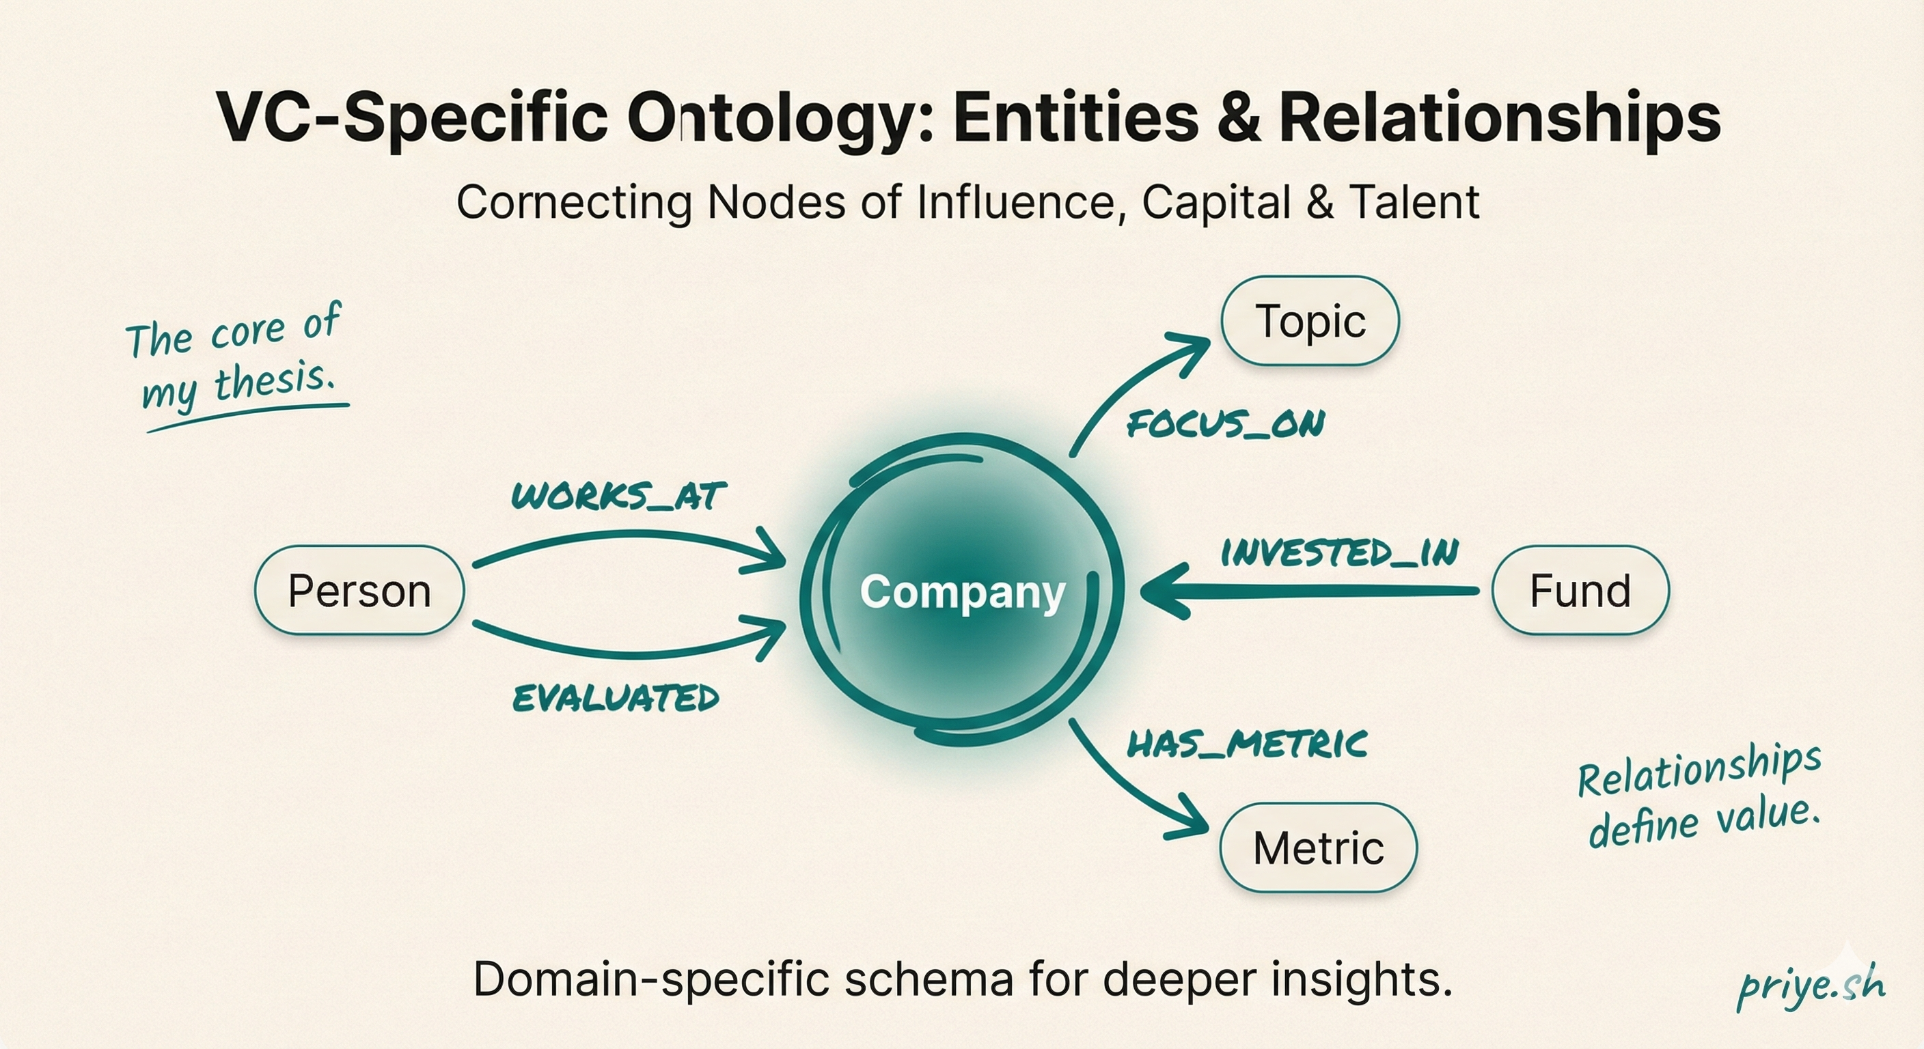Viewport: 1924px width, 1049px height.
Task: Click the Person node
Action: pyautogui.click(x=359, y=591)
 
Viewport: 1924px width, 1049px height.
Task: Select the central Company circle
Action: pyautogui.click(x=962, y=591)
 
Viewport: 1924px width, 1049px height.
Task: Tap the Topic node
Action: pyautogui.click(x=1310, y=321)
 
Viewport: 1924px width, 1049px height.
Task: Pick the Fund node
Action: pyautogui.click(x=1580, y=591)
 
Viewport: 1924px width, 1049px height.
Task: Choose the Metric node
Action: pyautogui.click(x=1318, y=848)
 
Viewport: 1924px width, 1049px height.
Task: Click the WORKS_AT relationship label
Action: pyautogui.click(x=619, y=496)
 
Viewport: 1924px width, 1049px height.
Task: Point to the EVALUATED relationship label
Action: pyautogui.click(x=616, y=698)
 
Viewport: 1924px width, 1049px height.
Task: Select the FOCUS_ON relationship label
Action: pyautogui.click(x=1226, y=424)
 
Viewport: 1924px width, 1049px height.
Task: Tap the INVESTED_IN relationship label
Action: pyautogui.click(x=1339, y=553)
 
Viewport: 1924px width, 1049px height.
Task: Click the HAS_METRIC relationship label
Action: pyautogui.click(x=1246, y=744)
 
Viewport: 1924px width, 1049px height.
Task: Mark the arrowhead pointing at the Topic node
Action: pyautogui.click(x=1187, y=351)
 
